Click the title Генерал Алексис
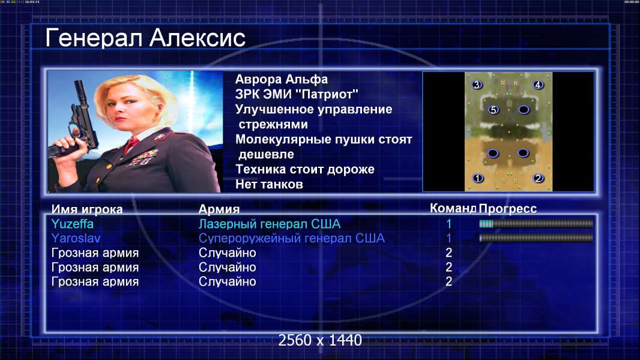coord(145,38)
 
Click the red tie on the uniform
coord(131,144)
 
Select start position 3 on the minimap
coord(477,85)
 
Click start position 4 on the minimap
coord(538,85)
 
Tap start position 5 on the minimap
coord(494,110)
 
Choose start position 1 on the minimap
coord(477,178)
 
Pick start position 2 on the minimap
coord(539,178)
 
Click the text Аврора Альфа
coord(281,79)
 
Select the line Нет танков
coord(269,184)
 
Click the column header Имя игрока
coord(87,209)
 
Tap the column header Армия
coord(219,209)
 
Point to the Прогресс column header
coord(508,209)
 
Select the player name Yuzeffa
coord(72,224)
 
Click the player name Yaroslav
coord(76,238)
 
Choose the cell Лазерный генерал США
coord(270,224)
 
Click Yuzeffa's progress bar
coord(536,223)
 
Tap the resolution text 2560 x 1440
coord(320,340)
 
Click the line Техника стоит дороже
coord(305,169)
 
